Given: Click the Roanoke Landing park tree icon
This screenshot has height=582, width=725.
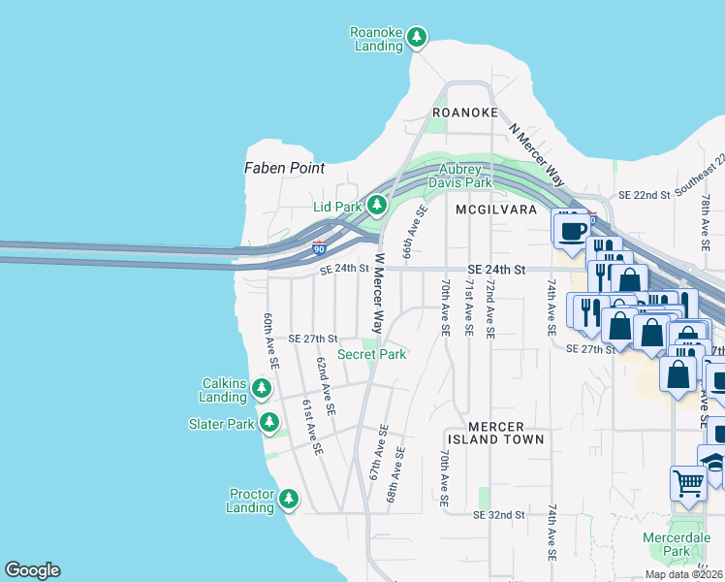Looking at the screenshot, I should click(x=417, y=38).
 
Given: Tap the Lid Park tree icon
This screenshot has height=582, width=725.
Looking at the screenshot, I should click(x=376, y=206).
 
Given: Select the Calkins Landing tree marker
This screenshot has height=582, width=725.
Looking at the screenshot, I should click(x=261, y=389).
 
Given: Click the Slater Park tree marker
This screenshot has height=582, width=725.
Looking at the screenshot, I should click(x=269, y=423).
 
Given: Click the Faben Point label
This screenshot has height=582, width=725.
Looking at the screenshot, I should click(x=284, y=168).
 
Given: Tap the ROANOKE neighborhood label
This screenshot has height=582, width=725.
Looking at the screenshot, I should click(x=465, y=113).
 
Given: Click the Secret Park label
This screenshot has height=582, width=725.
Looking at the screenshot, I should click(x=371, y=354).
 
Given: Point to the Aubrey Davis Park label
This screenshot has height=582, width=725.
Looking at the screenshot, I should click(x=459, y=176).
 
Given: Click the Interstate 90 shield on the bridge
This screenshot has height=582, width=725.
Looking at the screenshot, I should click(x=318, y=249).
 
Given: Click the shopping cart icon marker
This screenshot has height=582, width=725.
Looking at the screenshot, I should click(x=687, y=482).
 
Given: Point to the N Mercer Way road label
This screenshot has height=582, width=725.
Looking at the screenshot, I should click(x=535, y=154).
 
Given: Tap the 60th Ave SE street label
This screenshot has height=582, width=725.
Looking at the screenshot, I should click(x=272, y=340).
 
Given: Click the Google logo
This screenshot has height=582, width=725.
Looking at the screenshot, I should click(x=32, y=570).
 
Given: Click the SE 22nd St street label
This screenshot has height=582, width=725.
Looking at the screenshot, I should click(x=638, y=195).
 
